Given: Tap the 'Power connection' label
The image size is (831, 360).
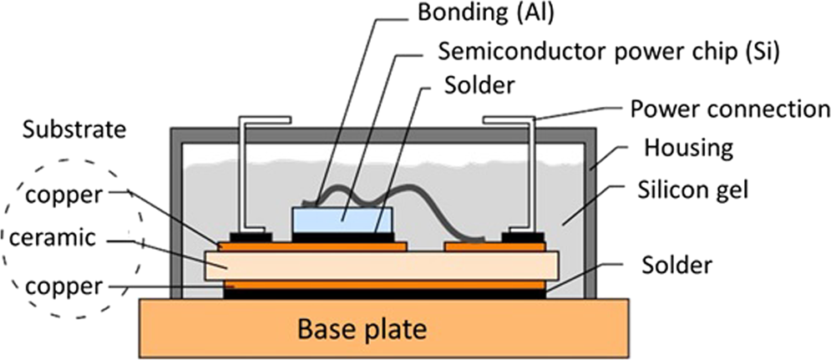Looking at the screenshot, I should tap(727, 109).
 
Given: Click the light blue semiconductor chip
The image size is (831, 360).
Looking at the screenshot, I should tap(342, 220).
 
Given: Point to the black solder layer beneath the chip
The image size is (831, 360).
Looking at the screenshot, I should tap(342, 237).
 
